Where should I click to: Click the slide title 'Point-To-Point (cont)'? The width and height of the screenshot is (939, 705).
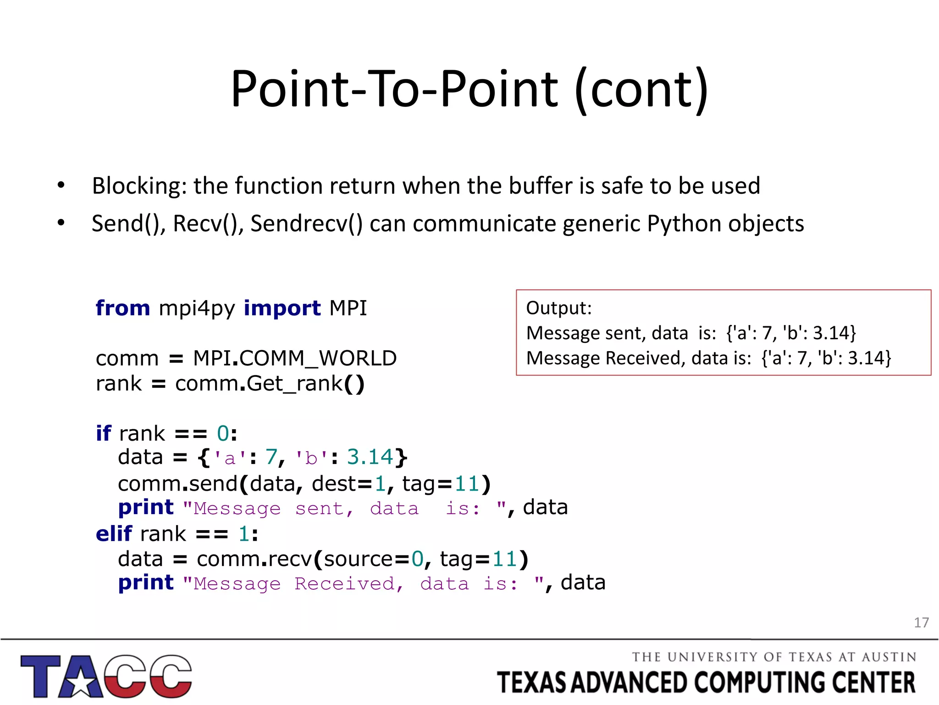[x=469, y=90]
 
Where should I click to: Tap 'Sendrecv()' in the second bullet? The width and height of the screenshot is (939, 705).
[x=306, y=224]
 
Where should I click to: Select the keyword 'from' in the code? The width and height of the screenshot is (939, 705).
[x=122, y=308]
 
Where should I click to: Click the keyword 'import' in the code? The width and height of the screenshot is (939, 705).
[x=282, y=308]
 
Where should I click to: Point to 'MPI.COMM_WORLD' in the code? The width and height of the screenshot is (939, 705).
[x=294, y=358]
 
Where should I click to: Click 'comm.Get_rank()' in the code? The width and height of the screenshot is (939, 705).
[x=270, y=384]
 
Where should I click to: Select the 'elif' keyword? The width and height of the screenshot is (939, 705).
[x=114, y=534]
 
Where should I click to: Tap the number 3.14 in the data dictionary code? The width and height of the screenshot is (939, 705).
[x=370, y=457]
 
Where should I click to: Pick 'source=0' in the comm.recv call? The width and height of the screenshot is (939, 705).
[x=373, y=559]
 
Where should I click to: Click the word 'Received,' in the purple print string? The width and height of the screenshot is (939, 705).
[x=348, y=584]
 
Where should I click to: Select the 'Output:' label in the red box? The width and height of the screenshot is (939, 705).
[x=558, y=308]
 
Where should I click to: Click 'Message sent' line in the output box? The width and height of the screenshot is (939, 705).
[x=690, y=333]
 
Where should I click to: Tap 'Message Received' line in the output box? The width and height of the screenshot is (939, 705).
[x=708, y=358]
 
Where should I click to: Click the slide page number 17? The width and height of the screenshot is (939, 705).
[x=921, y=623]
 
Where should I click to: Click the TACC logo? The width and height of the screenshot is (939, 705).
[x=106, y=676]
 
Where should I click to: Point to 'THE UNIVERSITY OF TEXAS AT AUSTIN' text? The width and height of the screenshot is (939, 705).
[x=774, y=657]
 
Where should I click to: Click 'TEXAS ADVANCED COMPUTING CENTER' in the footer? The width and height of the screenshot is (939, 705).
[x=706, y=683]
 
